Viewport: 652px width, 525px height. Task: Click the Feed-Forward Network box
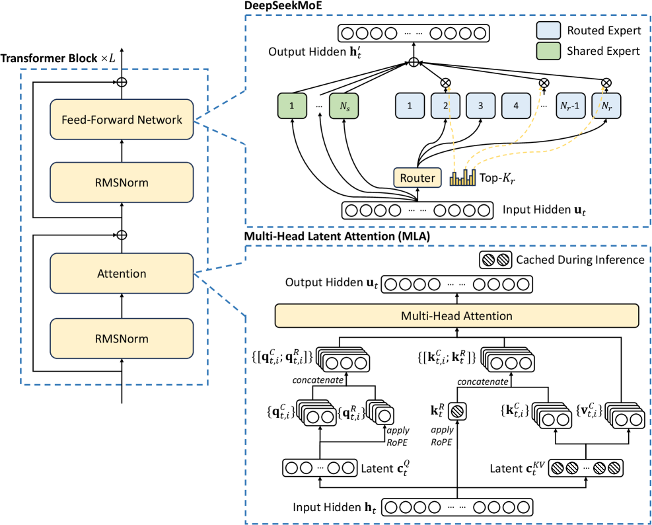(x=121, y=120)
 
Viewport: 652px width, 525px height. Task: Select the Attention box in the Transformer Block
(x=121, y=273)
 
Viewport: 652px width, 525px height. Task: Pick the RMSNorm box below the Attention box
(x=121, y=339)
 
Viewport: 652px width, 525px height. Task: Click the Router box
(x=417, y=178)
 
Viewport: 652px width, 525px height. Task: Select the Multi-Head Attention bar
(x=456, y=317)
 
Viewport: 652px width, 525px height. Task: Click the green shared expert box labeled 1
(x=291, y=105)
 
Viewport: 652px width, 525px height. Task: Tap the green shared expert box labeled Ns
(x=344, y=105)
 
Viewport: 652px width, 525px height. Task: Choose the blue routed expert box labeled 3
(x=481, y=105)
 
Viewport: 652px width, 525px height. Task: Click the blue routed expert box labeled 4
(x=517, y=105)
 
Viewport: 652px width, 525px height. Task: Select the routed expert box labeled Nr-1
(x=569, y=105)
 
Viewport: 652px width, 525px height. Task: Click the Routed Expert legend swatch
(x=548, y=30)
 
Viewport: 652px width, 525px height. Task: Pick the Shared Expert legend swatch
(x=548, y=51)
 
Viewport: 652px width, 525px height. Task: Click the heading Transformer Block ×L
(x=58, y=58)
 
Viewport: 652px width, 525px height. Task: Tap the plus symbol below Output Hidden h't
(x=414, y=63)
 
